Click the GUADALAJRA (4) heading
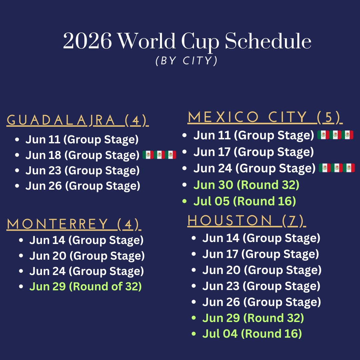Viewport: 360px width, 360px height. click(x=78, y=120)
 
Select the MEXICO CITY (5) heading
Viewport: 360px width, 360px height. click(x=265, y=117)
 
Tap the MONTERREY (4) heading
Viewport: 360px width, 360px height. click(x=74, y=224)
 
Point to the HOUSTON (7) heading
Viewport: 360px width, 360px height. click(x=247, y=221)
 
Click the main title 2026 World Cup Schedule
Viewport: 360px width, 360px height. click(x=187, y=41)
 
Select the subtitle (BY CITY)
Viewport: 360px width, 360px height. click(x=186, y=61)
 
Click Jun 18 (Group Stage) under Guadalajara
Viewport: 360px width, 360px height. click(x=82, y=155)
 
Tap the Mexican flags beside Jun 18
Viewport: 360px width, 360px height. click(x=159, y=155)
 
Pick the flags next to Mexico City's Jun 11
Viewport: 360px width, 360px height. click(x=335, y=135)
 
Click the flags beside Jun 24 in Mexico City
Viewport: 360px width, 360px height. click(x=337, y=168)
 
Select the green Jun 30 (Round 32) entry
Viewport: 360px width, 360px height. click(x=246, y=185)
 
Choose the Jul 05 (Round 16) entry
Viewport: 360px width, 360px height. click(x=245, y=201)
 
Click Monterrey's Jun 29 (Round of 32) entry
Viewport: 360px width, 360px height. click(x=85, y=287)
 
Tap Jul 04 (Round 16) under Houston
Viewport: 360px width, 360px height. click(x=252, y=334)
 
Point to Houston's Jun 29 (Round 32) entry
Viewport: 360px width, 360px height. click(x=253, y=318)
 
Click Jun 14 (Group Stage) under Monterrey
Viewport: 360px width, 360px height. click(x=86, y=240)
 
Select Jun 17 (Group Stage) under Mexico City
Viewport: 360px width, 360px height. click(x=254, y=152)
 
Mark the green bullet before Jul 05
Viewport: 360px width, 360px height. click(x=184, y=201)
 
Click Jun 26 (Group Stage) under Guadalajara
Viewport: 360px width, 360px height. click(x=83, y=186)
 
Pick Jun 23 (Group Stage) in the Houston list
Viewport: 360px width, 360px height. click(x=261, y=286)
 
